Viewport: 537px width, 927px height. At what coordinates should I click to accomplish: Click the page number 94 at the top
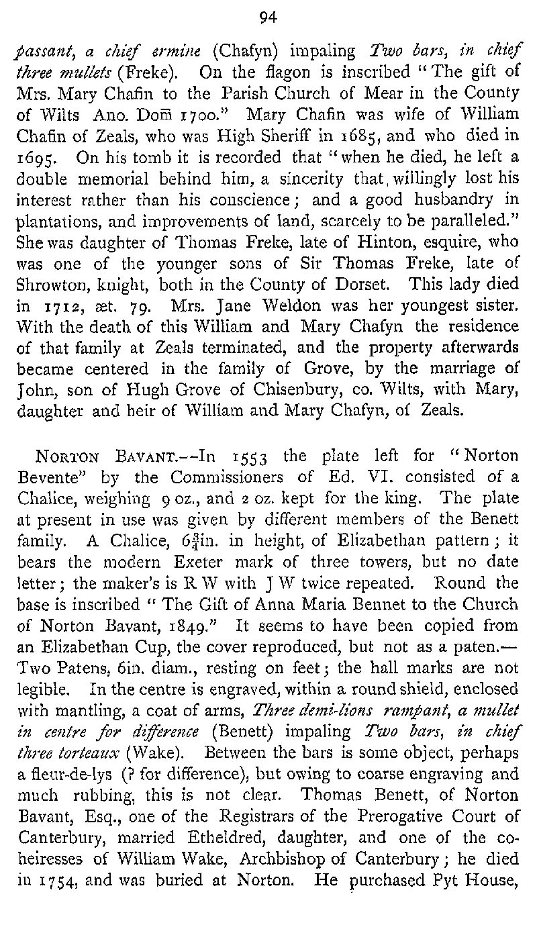tap(268, 19)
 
